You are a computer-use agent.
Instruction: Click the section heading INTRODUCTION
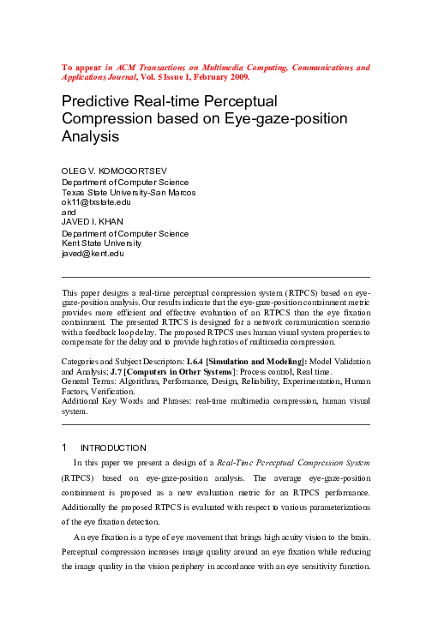(x=114, y=447)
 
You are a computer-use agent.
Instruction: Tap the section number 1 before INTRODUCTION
(x=65, y=447)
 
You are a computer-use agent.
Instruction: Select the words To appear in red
(x=81, y=66)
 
